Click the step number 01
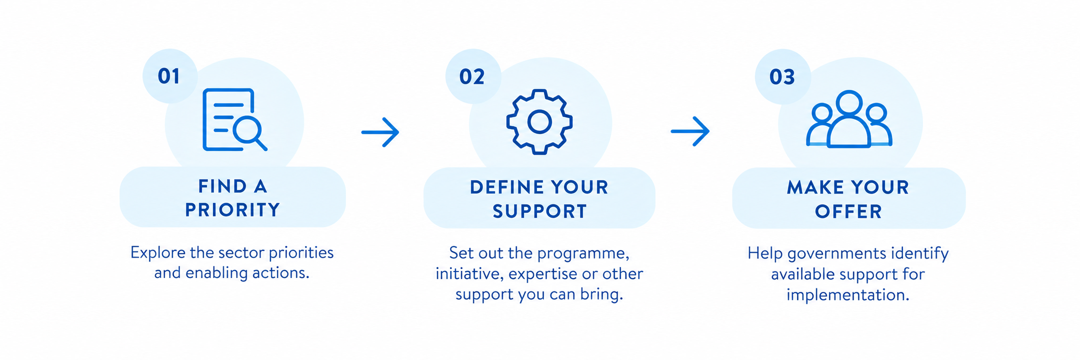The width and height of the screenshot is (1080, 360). (169, 77)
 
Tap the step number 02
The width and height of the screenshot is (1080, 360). (472, 77)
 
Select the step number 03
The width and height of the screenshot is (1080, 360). (782, 77)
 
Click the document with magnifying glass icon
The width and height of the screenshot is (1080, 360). (235, 120)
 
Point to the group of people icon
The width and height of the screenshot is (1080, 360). (849, 119)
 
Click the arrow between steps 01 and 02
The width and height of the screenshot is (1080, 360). (380, 132)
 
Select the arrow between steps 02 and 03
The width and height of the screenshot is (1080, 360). (690, 132)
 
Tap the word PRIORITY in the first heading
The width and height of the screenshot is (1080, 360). (233, 210)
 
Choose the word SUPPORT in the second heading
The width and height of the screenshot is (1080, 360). (540, 211)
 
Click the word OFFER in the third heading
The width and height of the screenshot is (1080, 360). (848, 212)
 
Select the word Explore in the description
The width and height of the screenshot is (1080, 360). (158, 253)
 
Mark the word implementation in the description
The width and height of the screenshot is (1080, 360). (848, 295)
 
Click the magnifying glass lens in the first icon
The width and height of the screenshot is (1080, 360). (247, 130)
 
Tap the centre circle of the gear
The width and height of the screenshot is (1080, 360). (540, 122)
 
